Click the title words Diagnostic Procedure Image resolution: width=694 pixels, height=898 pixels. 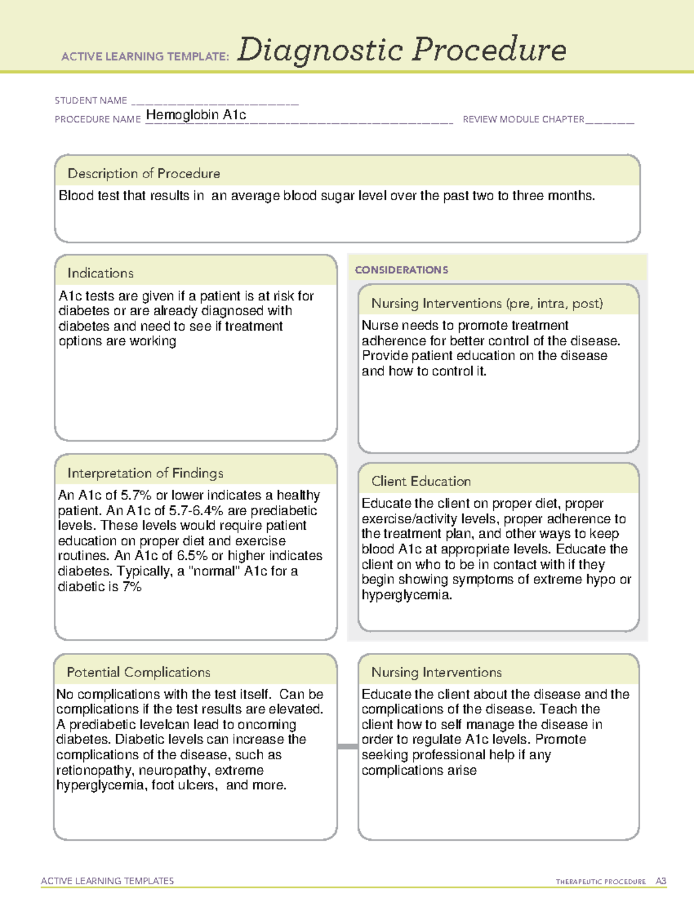[x=401, y=50]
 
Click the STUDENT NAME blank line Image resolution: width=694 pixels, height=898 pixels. [x=215, y=104]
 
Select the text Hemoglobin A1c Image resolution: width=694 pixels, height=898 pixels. [x=196, y=115]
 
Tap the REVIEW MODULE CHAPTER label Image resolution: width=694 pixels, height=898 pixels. [x=523, y=120]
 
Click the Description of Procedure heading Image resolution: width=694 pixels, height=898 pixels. [x=143, y=173]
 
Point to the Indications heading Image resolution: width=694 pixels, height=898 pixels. [x=100, y=273]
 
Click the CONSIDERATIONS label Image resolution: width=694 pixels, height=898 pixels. [x=401, y=270]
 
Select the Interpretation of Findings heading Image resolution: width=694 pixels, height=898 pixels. [x=145, y=473]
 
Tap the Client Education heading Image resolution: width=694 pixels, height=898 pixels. [x=421, y=481]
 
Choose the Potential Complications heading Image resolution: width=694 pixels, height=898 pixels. [x=138, y=672]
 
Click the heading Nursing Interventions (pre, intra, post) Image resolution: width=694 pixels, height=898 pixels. [x=487, y=304]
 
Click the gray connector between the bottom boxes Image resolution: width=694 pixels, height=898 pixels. [x=348, y=747]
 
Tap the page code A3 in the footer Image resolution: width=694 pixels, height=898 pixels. [x=660, y=881]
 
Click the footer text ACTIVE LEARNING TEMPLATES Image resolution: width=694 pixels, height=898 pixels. [x=107, y=881]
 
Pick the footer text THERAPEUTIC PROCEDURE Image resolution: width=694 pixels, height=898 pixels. [x=600, y=882]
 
